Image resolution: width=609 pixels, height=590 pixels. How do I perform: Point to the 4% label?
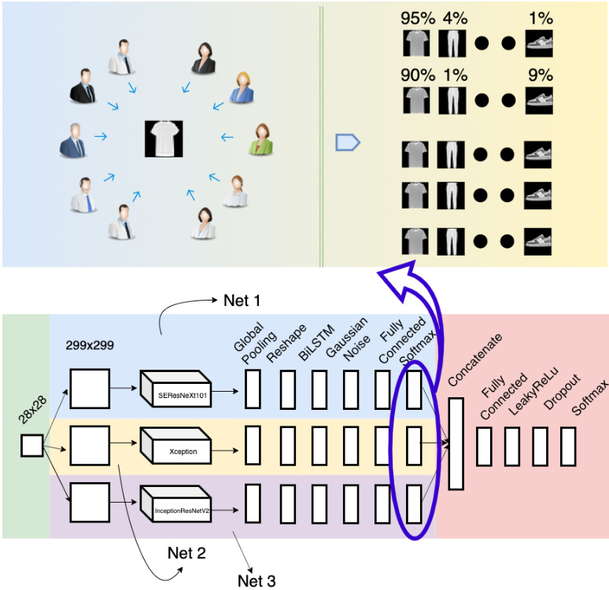(x=454, y=17)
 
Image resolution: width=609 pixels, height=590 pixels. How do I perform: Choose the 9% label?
(x=540, y=76)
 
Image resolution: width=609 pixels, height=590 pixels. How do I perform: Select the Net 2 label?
(x=186, y=553)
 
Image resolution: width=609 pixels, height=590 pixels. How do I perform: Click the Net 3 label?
(x=257, y=581)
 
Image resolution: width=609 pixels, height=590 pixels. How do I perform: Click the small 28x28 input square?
(x=31, y=446)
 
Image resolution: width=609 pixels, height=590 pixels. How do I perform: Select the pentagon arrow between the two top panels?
(x=347, y=142)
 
